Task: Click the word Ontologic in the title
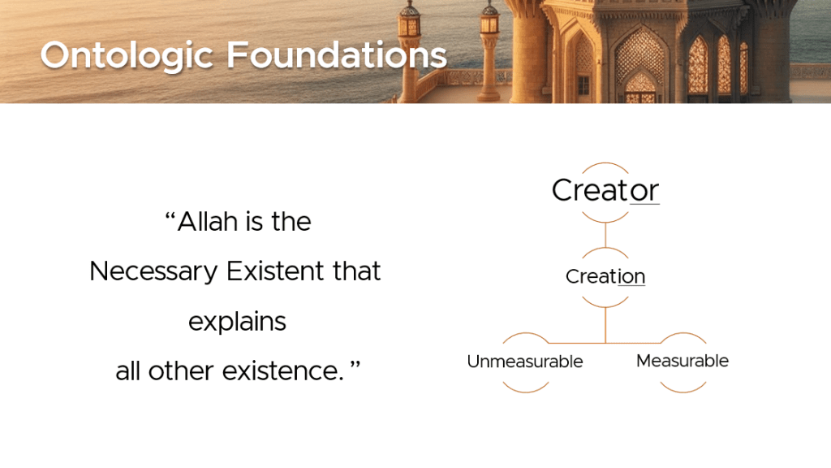127,56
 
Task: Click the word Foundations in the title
337,54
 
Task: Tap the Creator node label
605,190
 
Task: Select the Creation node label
605,276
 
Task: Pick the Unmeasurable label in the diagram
525,362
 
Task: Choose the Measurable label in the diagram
682,361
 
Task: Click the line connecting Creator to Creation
605,235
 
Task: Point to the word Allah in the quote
208,221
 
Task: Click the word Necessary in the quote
153,271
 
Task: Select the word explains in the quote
237,322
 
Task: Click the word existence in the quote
283,370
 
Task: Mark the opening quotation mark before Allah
170,216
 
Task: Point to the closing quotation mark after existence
355,366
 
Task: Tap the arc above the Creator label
605,163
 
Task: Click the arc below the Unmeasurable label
525,391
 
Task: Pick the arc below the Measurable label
683,391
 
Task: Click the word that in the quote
357,271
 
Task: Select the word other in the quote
181,370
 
